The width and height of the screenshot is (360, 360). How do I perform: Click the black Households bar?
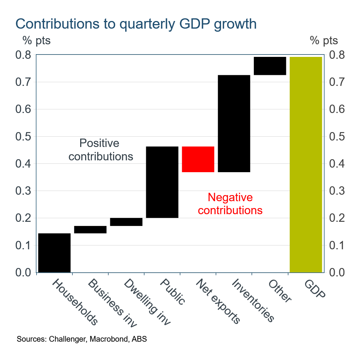click(54, 252)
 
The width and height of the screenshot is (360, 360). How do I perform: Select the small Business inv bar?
click(90, 229)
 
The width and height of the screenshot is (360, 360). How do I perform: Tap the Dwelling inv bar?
click(126, 222)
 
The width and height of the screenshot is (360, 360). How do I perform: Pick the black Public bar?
click(162, 182)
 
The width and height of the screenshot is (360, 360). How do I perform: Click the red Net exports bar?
click(198, 159)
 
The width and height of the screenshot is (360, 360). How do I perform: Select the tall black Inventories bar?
click(234, 124)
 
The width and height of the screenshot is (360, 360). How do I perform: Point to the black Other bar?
click(270, 66)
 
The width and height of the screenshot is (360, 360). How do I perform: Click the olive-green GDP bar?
click(306, 165)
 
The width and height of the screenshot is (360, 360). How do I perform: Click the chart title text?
click(136, 24)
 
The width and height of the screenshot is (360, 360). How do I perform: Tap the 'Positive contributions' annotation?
click(101, 150)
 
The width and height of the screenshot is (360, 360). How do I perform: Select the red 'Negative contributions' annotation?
click(230, 204)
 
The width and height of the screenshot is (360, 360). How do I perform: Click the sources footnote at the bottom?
click(82, 339)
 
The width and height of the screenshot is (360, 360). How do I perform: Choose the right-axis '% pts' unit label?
click(324, 40)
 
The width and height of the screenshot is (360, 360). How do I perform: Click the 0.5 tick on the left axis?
click(24, 137)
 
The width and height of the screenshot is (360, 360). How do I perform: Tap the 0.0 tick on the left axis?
click(24, 273)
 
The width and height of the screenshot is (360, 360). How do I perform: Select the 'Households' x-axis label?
click(75, 302)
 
